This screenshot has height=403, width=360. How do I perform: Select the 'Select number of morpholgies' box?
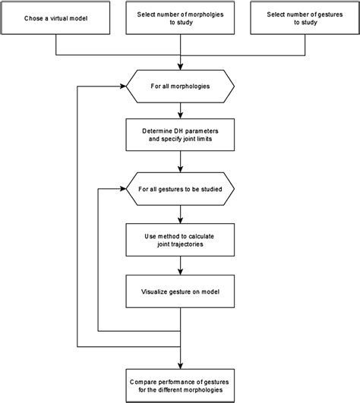[180, 18]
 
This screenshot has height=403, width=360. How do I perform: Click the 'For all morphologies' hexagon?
[180, 85]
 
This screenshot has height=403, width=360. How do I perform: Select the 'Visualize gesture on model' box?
[180, 291]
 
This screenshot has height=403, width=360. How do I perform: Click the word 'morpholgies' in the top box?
[191, 14]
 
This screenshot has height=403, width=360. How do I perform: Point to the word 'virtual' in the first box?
[58, 18]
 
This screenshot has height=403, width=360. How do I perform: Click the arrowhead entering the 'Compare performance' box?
[180, 361]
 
